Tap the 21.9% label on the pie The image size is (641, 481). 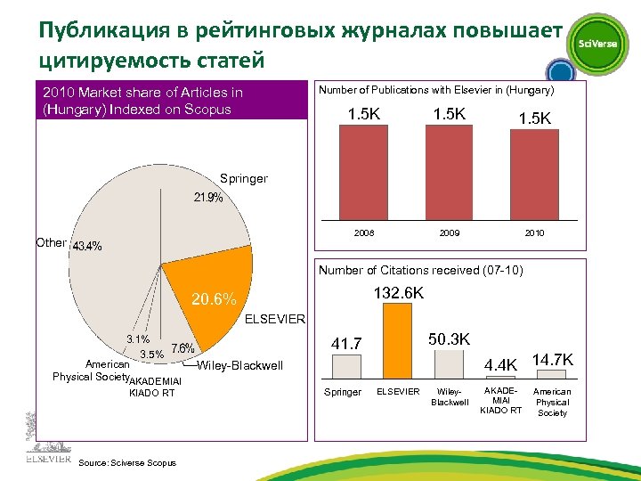click(208, 199)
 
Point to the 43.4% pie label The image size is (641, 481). click(86, 246)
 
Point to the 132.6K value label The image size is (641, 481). click(398, 293)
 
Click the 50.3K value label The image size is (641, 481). click(450, 339)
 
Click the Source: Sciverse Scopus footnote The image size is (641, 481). click(127, 461)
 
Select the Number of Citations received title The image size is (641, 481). click(420, 270)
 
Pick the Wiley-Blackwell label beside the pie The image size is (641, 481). click(240, 366)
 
